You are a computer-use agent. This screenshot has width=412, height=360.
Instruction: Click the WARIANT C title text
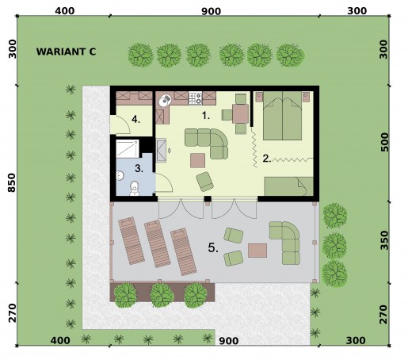pos(66,52)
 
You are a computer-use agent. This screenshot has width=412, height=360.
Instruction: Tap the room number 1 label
pos(206,116)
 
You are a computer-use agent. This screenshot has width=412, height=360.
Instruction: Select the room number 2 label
pos(267,158)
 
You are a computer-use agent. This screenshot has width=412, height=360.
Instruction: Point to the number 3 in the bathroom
pos(139,168)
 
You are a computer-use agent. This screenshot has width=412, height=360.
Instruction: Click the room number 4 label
pos(135,120)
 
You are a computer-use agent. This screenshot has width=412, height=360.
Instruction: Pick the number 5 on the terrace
pos(213,247)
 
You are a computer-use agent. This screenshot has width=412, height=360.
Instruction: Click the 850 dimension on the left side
pos(12,182)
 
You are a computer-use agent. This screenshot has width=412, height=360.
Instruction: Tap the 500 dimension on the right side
pos(385,142)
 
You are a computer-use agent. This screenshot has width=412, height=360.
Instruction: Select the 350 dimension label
pos(385,240)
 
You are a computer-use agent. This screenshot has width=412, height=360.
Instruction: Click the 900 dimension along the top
pos(211,11)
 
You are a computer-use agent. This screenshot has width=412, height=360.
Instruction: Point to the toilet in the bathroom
pos(135,188)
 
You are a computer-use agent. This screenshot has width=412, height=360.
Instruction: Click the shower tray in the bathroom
pos(128,149)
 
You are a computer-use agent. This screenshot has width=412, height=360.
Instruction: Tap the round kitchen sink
pos(165,101)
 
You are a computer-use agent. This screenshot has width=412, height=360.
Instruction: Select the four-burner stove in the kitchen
pos(196,98)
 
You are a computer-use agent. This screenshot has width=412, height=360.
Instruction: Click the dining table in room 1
pos(240,113)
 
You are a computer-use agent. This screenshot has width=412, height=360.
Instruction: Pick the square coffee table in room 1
pos(198,160)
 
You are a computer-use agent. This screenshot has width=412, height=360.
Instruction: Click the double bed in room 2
pos(282,116)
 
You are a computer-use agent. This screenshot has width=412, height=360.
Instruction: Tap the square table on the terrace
pos(257,251)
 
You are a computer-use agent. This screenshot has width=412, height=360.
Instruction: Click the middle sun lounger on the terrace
pos(157,243)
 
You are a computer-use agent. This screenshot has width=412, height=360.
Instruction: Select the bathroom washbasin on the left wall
pos(120,175)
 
